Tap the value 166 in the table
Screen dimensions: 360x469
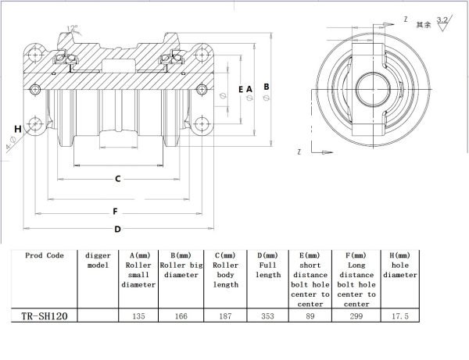[x=181, y=318]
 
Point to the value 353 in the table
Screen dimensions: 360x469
[x=267, y=318]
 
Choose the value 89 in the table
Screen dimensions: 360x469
[x=310, y=318]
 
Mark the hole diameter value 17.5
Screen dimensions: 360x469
[x=400, y=318]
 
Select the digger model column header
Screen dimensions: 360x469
[x=98, y=260]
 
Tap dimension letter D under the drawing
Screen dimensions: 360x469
[x=117, y=229]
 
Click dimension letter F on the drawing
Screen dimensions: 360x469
[x=115, y=211]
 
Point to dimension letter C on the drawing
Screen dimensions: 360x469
[x=117, y=180]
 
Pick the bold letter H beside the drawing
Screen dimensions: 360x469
[x=17, y=129]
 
